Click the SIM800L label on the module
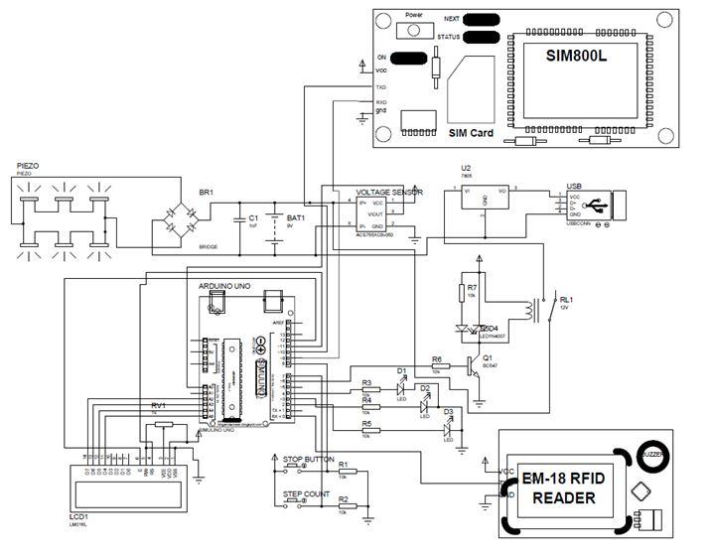click(x=576, y=56)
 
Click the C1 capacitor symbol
click(x=238, y=217)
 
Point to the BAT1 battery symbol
click(x=278, y=217)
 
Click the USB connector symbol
click(x=601, y=207)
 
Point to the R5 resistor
click(x=367, y=428)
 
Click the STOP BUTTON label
click(x=308, y=461)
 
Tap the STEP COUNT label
click(x=306, y=492)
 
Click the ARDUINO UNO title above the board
click(x=223, y=285)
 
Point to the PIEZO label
click(x=29, y=166)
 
